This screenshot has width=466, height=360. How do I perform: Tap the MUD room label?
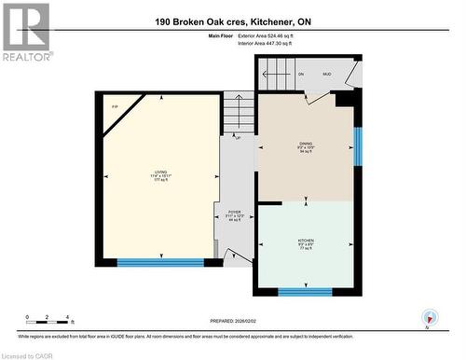(326, 74)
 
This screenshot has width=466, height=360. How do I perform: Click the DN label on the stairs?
(300, 74)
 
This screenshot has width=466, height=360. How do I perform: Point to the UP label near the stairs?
(238, 136)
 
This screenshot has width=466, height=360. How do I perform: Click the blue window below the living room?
(160, 263)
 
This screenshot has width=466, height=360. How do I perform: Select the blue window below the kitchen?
(305, 292)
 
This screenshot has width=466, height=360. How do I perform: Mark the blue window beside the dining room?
(358, 145)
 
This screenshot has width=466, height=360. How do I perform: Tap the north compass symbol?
(428, 317)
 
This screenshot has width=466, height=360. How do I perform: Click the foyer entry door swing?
(238, 255)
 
